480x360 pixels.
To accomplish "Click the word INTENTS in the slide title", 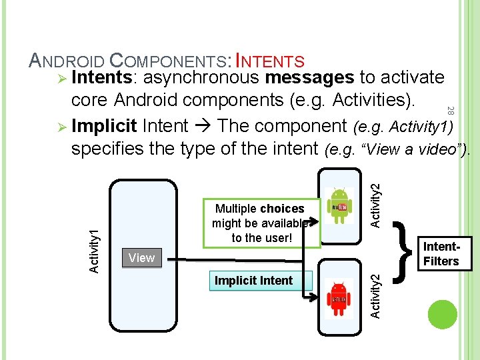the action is (271, 62).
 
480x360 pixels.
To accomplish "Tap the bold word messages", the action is (309, 78).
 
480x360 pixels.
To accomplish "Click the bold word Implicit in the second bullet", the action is (104, 126).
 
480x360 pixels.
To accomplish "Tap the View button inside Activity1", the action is (141, 258).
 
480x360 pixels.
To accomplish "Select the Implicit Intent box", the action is (253, 281).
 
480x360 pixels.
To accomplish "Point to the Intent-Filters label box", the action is (441, 254).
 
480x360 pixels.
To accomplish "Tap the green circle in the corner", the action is (443, 315).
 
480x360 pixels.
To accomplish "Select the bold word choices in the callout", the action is (282, 209).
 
